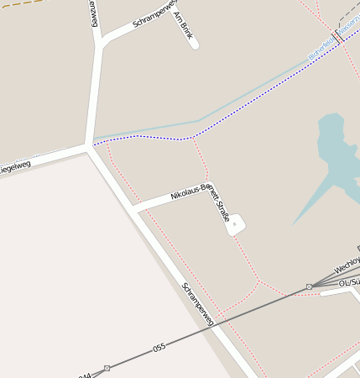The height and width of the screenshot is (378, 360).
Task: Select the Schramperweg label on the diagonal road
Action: coord(198,304)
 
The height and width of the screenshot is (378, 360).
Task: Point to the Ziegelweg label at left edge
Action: coord(14,167)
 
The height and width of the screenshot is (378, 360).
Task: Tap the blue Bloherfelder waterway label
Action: coord(321,50)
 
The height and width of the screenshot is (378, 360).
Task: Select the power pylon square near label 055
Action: coord(107,368)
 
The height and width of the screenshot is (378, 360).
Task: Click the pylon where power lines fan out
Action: coord(309,286)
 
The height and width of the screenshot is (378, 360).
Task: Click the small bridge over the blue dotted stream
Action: coord(337,35)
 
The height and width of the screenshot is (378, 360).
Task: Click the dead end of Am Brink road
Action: coord(195,45)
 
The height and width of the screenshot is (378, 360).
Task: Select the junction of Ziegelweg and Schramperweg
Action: coord(88,148)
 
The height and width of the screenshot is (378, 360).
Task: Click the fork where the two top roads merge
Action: coord(100,42)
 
